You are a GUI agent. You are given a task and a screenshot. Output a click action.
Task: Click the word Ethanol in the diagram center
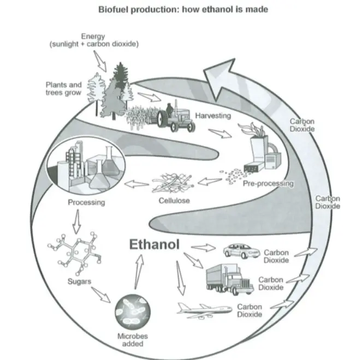pos(154,244)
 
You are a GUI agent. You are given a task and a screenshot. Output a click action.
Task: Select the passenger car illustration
pos(241,251)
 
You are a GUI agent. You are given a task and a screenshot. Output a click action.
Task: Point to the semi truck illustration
pos(229,279)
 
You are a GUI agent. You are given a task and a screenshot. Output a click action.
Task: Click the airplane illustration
pos(205,310)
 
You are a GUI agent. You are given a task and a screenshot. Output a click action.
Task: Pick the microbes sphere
pos(133,312)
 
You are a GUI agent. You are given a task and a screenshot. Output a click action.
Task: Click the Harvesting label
pos(213,116)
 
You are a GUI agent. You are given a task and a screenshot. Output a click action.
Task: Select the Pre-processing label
pos(268,184)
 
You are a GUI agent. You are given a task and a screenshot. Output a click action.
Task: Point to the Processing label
pos(86,202)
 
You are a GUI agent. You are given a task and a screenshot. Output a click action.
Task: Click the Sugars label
pos(79,281)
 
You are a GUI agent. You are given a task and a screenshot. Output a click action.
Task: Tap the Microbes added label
pos(133,340)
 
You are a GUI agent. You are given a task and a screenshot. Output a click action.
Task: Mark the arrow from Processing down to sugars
pos(77,221)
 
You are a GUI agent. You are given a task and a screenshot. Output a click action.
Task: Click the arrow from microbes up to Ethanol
pos(139,272)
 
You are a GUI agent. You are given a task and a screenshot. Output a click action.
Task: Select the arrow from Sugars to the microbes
pos(101,295)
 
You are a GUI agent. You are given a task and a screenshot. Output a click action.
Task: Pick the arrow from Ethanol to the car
pos(204,248)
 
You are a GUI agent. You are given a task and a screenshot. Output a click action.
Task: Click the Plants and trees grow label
pos(63,88)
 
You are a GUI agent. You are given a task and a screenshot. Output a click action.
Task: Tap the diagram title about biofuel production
pos(183,9)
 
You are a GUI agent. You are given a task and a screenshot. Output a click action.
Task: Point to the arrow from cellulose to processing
pos(137,184)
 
